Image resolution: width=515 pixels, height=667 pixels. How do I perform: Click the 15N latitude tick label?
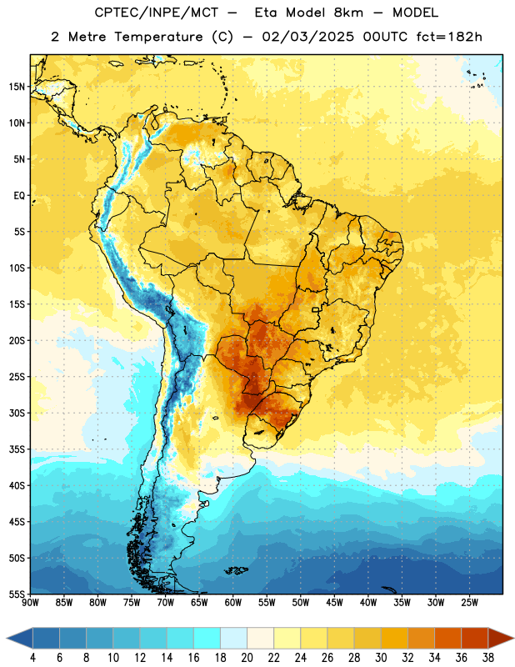[17, 87]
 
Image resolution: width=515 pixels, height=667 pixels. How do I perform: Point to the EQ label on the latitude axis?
[19, 196]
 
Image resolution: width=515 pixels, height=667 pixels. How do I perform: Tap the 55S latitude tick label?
[17, 594]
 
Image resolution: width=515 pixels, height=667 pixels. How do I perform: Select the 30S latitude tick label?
[17, 413]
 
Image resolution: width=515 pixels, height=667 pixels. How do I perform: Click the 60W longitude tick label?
[233, 602]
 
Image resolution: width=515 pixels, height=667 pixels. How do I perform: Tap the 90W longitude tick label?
[30, 602]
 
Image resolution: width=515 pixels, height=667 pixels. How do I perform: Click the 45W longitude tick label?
[334, 602]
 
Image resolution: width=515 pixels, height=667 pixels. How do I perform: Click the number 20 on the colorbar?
[247, 658]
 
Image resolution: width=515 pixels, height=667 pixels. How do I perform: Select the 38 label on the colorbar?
[488, 658]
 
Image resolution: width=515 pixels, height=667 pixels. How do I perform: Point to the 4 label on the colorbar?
[32, 658]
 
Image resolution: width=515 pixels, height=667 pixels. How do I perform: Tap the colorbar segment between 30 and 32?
[394, 638]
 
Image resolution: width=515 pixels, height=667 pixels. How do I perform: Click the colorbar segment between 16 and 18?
[207, 638]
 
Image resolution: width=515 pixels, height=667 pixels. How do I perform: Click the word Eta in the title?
[266, 13]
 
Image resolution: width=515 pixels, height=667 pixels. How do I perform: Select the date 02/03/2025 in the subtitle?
[307, 37]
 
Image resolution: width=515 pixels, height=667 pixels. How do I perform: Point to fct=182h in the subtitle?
[449, 37]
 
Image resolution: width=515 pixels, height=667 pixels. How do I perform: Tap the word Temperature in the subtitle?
[158, 37]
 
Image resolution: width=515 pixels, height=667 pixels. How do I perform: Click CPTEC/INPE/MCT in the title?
[156, 13]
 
